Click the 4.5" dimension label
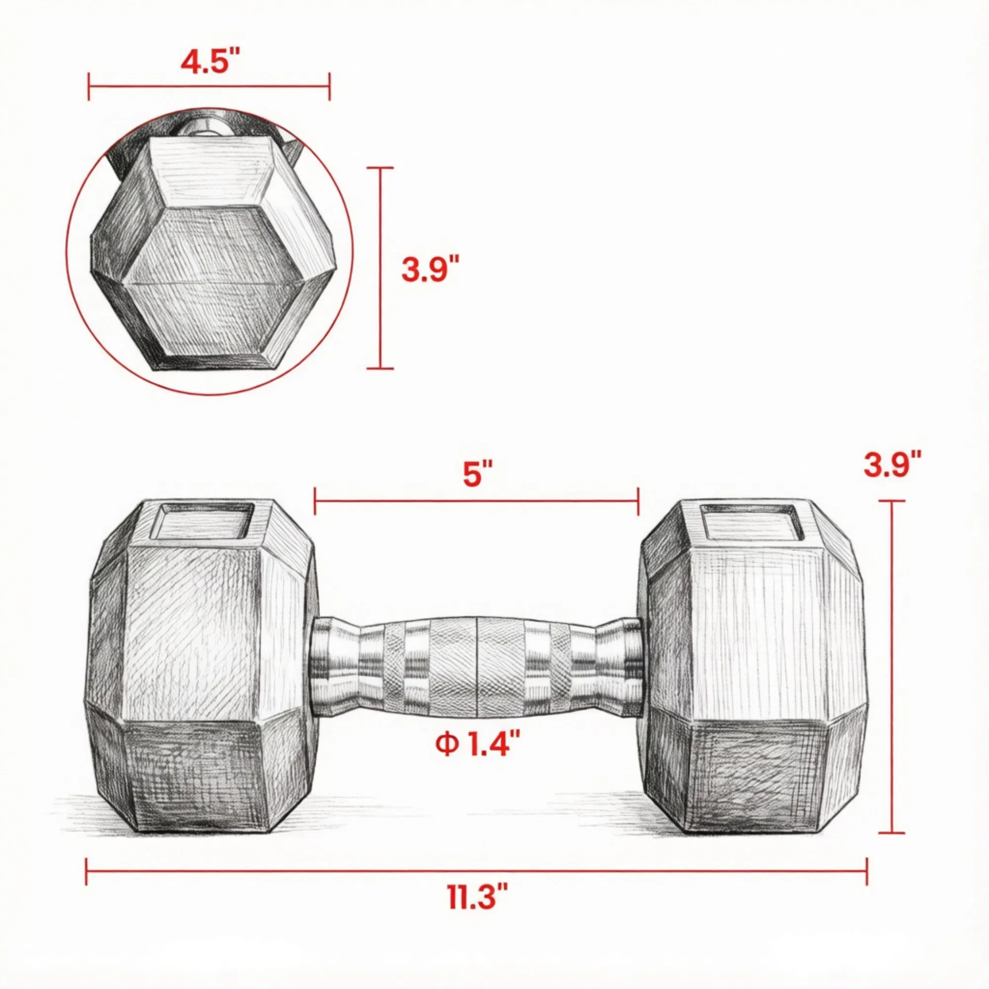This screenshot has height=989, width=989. [x=210, y=62]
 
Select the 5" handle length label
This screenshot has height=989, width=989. [x=478, y=474]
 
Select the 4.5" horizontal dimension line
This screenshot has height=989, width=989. [x=209, y=87]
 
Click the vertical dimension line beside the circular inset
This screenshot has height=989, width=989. [x=380, y=268]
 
